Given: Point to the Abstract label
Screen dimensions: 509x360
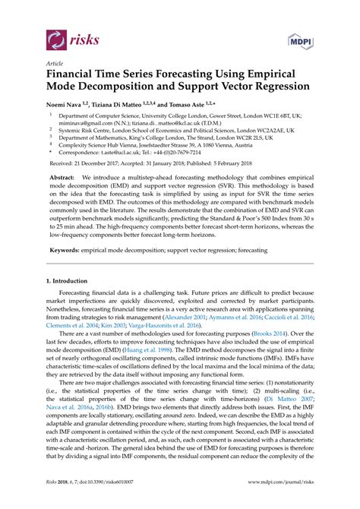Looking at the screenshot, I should coord(64,177).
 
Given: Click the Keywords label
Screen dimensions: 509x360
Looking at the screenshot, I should coord(68,249).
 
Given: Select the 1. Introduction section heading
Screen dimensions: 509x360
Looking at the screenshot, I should coord(68,281).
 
